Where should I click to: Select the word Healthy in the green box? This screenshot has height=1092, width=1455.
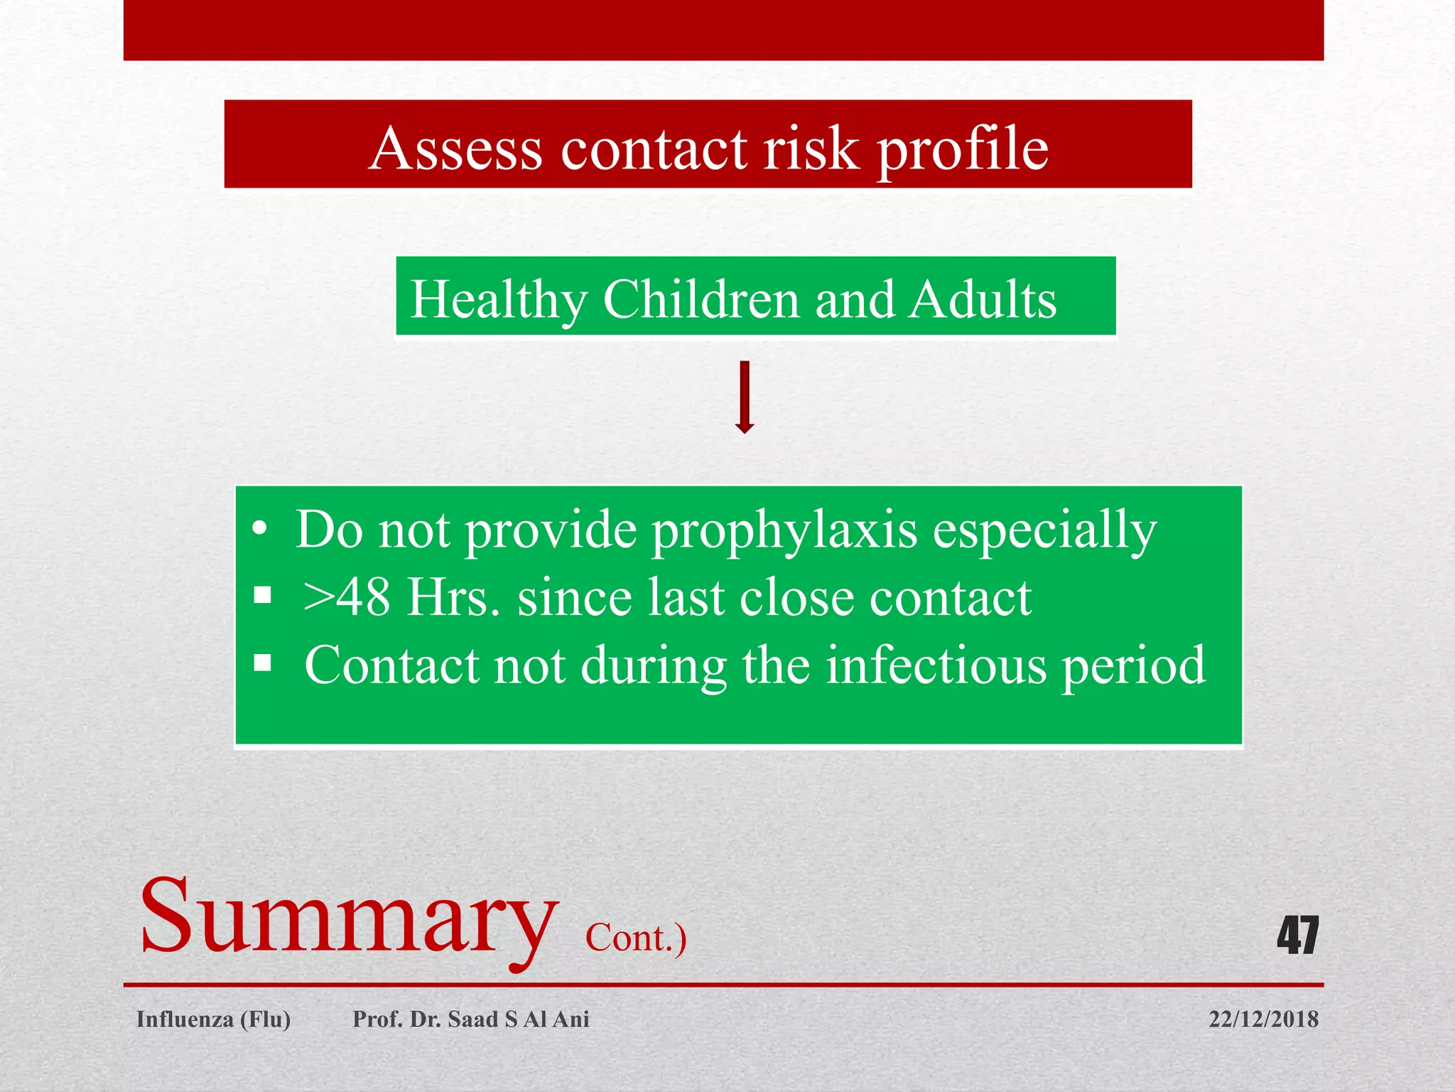pyautogui.click(x=499, y=300)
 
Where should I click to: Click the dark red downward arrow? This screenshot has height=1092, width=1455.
pyautogui.click(x=744, y=397)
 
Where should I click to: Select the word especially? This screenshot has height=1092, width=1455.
pyautogui.click(x=1044, y=532)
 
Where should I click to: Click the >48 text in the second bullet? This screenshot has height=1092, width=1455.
pyautogui.click(x=346, y=597)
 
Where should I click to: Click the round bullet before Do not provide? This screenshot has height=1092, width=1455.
pyautogui.click(x=260, y=530)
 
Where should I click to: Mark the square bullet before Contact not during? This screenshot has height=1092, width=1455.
pyautogui.click(x=263, y=663)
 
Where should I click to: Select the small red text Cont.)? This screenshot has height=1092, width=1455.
pyautogui.click(x=635, y=938)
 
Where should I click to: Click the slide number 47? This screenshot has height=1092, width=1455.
pyautogui.click(x=1297, y=936)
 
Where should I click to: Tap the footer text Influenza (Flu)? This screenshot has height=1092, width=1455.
pyautogui.click(x=213, y=1019)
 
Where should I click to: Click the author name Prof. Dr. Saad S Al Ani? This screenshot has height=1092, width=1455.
pyautogui.click(x=471, y=1019)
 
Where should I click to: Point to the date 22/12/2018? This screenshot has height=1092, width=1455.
pyautogui.click(x=1263, y=1019)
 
